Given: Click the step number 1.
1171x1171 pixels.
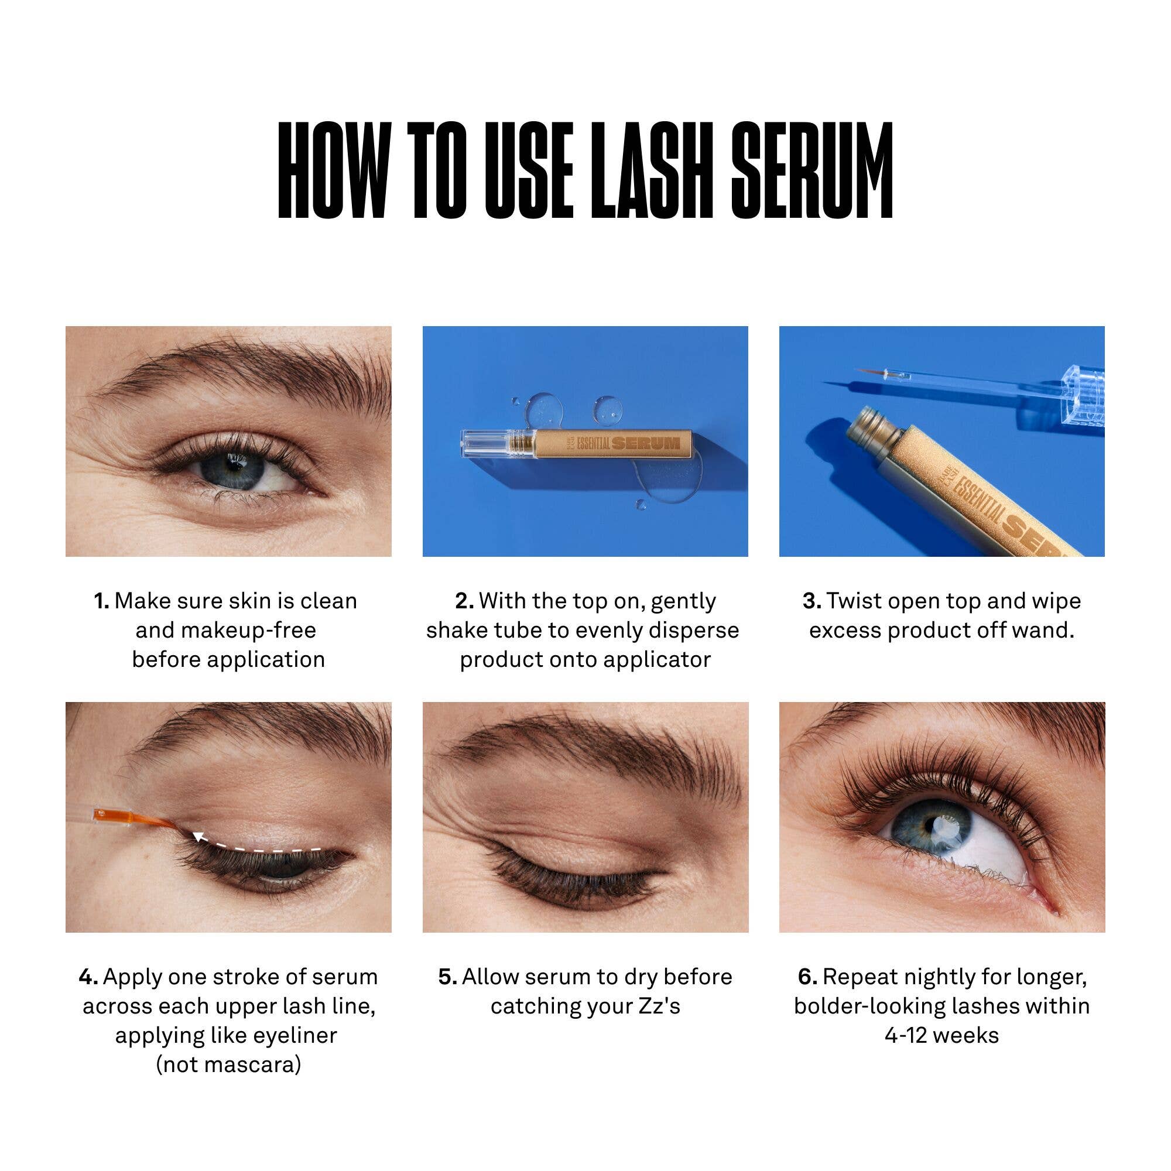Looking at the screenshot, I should (101, 601).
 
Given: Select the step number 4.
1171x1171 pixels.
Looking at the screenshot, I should (88, 977).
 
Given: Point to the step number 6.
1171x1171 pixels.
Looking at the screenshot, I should (807, 977).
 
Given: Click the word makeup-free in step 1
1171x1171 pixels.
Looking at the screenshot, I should (225, 631).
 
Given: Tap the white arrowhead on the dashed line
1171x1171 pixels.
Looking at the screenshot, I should (196, 838).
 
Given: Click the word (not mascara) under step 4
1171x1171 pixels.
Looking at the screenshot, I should (228, 1064).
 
